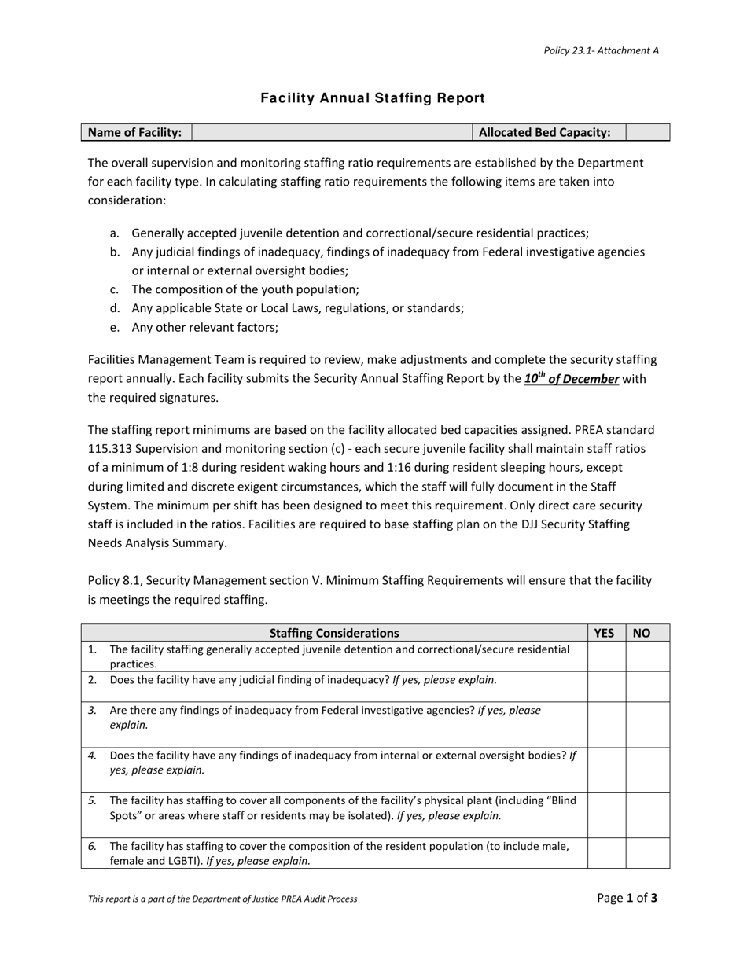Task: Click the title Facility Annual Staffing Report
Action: (x=373, y=98)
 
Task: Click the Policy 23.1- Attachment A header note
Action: (x=601, y=50)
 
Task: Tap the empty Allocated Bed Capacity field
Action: (x=647, y=132)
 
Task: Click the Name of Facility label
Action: (x=135, y=132)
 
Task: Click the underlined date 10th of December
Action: (x=572, y=379)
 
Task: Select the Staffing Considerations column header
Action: (x=334, y=633)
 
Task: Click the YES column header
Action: (x=605, y=633)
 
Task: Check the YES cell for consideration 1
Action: (x=606, y=656)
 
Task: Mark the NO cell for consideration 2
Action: (x=647, y=686)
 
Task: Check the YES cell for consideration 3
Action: (x=606, y=724)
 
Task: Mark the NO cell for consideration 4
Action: (x=647, y=769)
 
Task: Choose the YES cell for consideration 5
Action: (x=606, y=814)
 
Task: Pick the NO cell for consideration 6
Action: (x=647, y=852)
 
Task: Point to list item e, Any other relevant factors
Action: (x=204, y=327)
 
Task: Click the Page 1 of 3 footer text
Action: (x=627, y=898)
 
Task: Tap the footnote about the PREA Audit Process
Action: (x=223, y=899)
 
